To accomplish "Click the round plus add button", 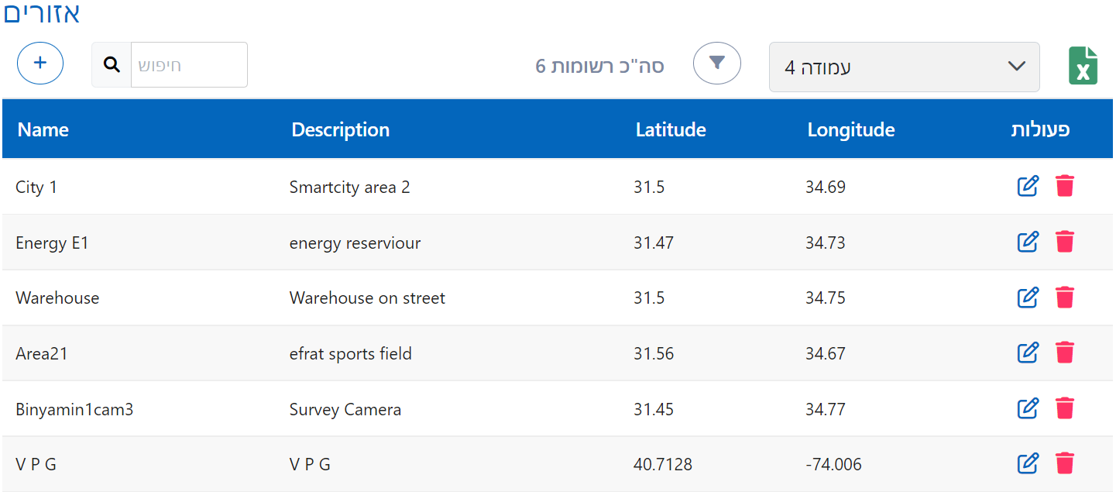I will click(40, 64).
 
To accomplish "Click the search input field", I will click(189, 65).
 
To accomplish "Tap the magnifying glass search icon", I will click(112, 65).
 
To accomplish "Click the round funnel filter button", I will click(716, 63).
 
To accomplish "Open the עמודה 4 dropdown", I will click(904, 67).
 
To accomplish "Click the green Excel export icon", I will click(1083, 66).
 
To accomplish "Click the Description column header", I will click(340, 129).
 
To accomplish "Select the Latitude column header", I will click(670, 129).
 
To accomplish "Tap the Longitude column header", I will click(850, 129).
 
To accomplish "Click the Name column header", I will click(43, 129).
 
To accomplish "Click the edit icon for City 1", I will click(1027, 186).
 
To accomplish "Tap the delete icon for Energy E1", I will click(1065, 242).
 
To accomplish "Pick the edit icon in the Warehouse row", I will click(1027, 298).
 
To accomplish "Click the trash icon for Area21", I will click(1065, 353).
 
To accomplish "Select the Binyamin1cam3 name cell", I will click(74, 409).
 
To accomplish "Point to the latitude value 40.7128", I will click(662, 465).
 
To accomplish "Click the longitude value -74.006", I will click(833, 465).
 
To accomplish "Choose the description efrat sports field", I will click(350, 354).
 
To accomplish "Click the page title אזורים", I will click(42, 13).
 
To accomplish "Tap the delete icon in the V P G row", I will click(1065, 464).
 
